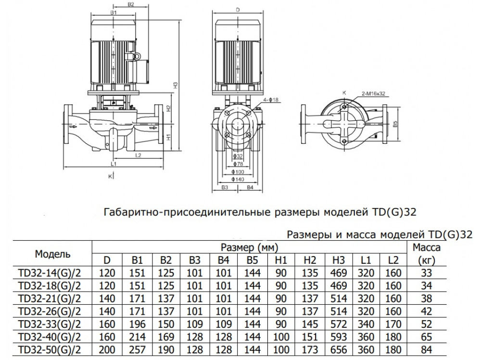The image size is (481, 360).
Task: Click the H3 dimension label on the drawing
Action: click(x=176, y=85)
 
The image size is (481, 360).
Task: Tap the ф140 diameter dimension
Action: click(x=238, y=179)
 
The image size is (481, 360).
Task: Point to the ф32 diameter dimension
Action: click(x=237, y=156)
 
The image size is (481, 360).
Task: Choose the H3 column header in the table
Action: click(x=338, y=260)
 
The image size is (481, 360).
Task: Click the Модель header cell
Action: click(x=52, y=254)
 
